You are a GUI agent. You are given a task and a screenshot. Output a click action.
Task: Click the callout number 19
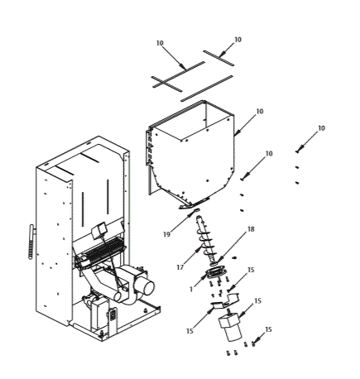tap(166, 234)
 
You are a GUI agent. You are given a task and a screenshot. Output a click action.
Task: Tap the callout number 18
tap(251, 229)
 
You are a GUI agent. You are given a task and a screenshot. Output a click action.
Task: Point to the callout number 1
tap(192, 289)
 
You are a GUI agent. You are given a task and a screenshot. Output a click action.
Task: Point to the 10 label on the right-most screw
tap(322, 128)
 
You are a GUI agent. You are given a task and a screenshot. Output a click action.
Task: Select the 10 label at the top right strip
tap(238, 40)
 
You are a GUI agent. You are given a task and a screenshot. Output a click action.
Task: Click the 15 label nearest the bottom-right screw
tap(268, 329)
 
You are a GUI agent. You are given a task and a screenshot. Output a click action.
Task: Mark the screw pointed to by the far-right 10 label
tap(300, 150)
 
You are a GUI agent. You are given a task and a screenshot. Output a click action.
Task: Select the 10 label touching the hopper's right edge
tap(260, 111)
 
